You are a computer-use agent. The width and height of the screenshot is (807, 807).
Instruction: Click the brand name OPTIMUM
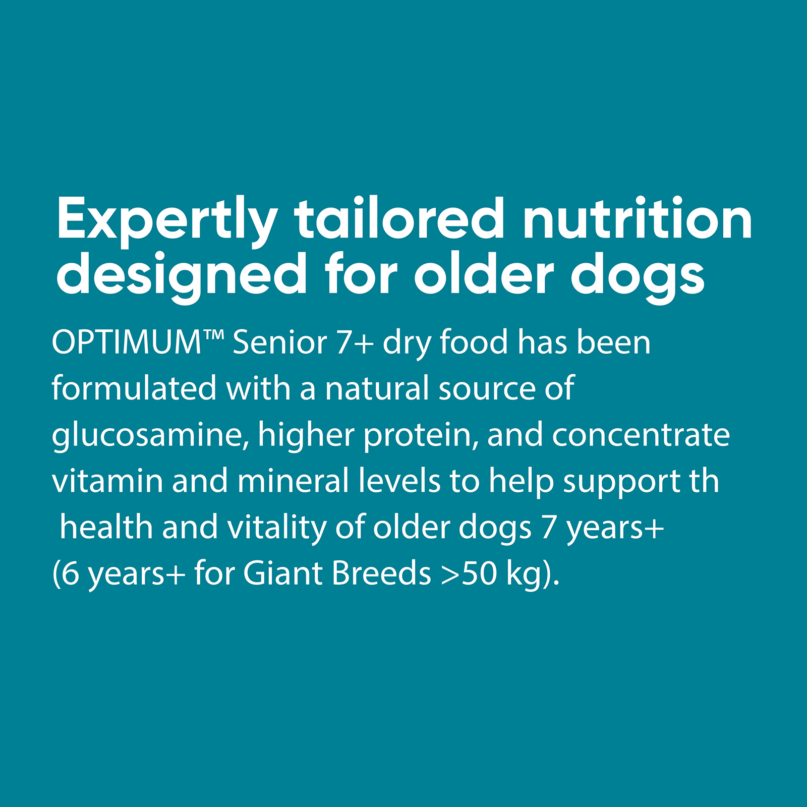(127, 342)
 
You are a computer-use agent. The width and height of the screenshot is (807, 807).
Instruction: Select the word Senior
(280, 342)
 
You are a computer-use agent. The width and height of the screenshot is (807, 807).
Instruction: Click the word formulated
(134, 388)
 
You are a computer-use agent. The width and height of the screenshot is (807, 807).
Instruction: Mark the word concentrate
(641, 436)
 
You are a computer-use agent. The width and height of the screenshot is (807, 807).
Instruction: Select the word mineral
(293, 480)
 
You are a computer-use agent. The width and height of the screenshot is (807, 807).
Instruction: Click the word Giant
(283, 573)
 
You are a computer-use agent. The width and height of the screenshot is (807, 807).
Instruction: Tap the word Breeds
(382, 573)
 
